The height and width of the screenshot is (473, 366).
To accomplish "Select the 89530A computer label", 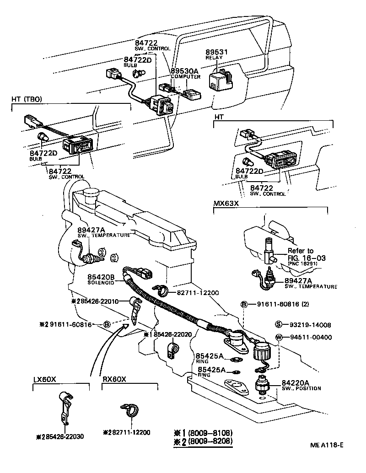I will (x=185, y=71).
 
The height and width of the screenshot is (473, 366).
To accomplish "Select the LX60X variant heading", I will (x=45, y=379).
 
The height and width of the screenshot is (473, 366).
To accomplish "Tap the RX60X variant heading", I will (x=114, y=379).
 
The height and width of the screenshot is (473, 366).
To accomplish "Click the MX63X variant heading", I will (x=226, y=203).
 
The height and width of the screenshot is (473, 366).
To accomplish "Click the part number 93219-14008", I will (x=310, y=325).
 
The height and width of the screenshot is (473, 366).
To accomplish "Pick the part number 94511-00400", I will (x=310, y=338).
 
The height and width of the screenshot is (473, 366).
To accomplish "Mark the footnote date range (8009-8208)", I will (x=210, y=441).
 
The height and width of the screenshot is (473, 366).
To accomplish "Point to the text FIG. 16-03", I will (x=306, y=258).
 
